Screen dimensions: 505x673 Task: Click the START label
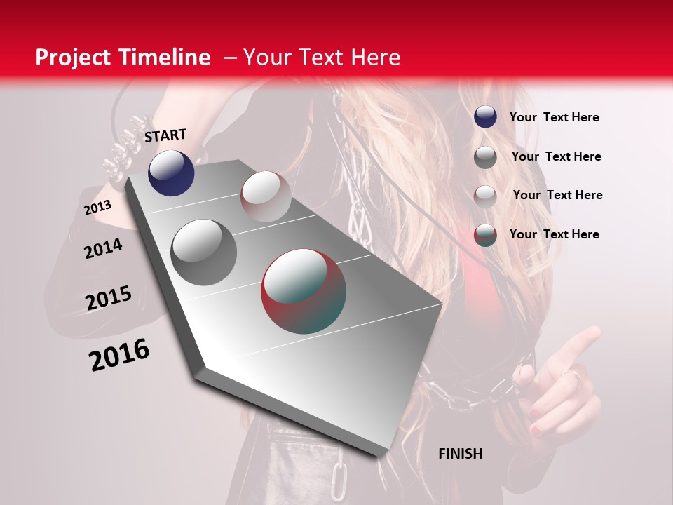tap(165, 135)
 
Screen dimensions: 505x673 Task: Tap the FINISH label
tap(460, 454)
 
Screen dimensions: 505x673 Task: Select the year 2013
tap(98, 208)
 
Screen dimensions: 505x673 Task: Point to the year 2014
tap(104, 248)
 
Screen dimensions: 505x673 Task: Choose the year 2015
tap(109, 298)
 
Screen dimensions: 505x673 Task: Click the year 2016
tap(119, 355)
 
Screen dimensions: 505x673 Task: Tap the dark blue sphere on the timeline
tap(171, 173)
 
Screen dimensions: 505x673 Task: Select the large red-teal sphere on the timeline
tap(304, 291)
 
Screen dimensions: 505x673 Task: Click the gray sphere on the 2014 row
tap(204, 252)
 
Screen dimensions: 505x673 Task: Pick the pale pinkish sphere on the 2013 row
tap(266, 196)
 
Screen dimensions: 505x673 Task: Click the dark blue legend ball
tap(485, 117)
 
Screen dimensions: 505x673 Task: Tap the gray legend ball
tap(485, 156)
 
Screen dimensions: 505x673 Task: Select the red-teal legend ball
tap(485, 234)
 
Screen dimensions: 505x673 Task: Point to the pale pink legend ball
tap(485, 196)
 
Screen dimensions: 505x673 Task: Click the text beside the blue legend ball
tap(554, 117)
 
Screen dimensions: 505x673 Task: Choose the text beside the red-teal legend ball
tap(554, 234)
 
